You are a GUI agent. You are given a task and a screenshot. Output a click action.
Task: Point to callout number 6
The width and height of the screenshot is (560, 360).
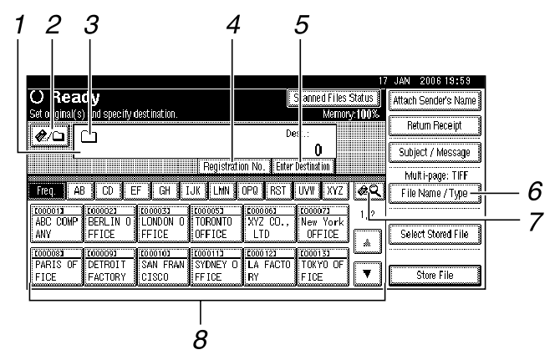coord(536,191)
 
